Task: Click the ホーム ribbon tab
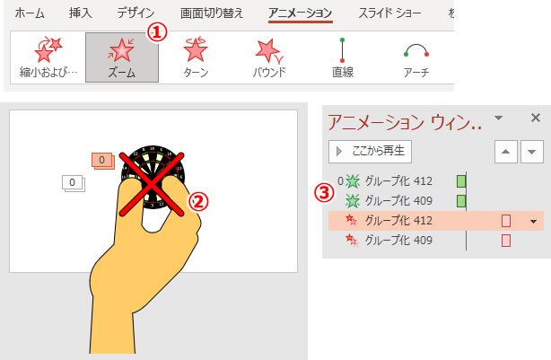point(30,13)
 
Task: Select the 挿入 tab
point(81,13)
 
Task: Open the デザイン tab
point(136,13)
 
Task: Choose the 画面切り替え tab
point(212,13)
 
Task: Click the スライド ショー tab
point(389,13)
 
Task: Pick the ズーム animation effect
point(122,57)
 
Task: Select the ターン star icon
point(196,48)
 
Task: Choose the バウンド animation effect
point(269,57)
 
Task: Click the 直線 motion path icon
point(342,50)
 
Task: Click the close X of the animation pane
point(536,118)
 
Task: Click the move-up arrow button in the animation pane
point(505,152)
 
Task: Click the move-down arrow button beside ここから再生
point(531,152)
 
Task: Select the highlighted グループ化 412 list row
point(436,221)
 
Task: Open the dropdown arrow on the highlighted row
point(533,222)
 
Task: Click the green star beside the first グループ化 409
point(353,201)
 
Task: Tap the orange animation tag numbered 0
point(103,161)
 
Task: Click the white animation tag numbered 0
point(74,183)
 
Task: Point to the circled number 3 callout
point(324,193)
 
